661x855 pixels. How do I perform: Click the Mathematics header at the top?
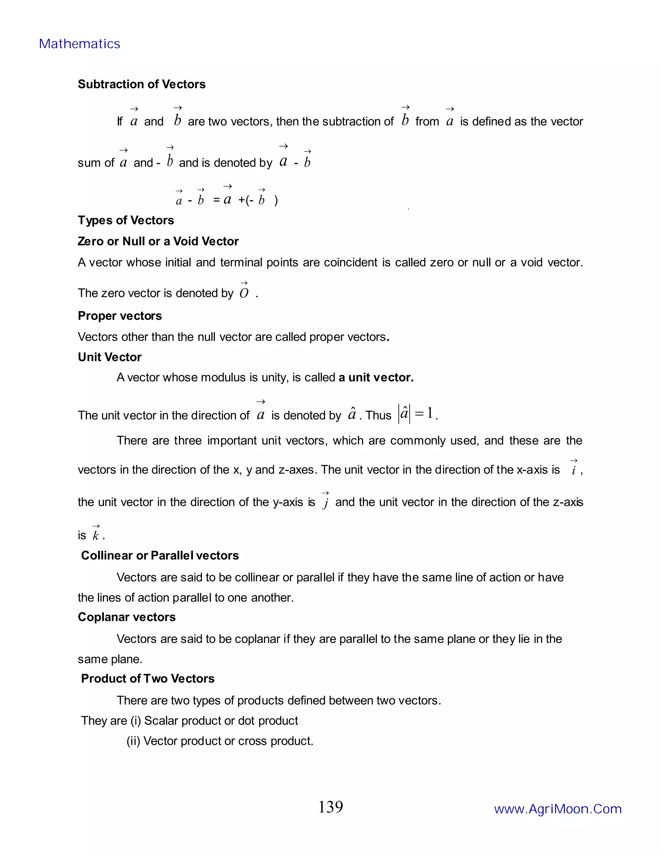click(79, 44)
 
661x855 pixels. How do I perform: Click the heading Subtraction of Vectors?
click(141, 84)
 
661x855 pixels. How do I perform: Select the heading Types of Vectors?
click(126, 220)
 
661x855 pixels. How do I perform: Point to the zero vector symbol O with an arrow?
click(244, 291)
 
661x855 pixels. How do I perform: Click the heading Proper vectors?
click(120, 316)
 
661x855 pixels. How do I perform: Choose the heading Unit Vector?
click(110, 357)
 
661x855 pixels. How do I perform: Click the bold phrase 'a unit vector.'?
click(376, 377)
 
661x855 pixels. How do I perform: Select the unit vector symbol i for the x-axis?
click(574, 468)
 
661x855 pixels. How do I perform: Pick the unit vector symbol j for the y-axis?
click(325, 501)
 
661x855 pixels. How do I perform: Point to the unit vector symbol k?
click(96, 534)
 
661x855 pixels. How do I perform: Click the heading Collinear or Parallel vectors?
click(160, 556)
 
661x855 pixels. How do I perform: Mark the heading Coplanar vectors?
click(127, 617)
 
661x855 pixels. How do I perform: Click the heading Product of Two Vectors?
click(147, 679)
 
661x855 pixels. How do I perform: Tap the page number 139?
click(330, 807)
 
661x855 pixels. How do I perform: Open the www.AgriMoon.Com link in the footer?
click(558, 809)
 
